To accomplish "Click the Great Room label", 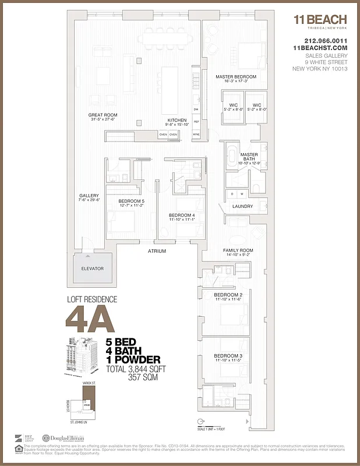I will (x=103, y=115).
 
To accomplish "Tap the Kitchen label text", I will (x=177, y=120).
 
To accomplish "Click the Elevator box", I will (x=93, y=269).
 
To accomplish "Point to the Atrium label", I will (x=157, y=251).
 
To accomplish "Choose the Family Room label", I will (x=238, y=250).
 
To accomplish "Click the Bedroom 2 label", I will (x=228, y=295).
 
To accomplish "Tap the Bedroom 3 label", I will (x=228, y=355).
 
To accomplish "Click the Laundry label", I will (x=242, y=206).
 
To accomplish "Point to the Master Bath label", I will (x=249, y=156).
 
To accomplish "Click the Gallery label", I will (x=90, y=196).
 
